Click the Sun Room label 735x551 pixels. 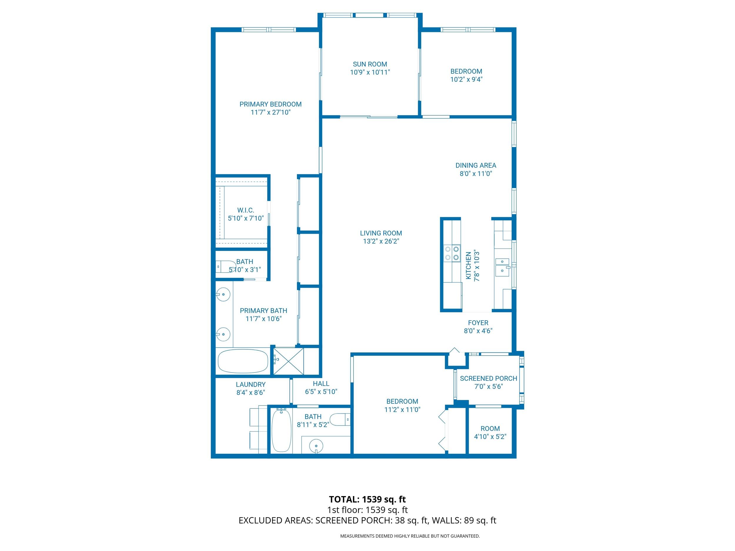pyautogui.click(x=370, y=64)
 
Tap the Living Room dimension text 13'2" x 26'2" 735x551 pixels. pyautogui.click(x=381, y=242)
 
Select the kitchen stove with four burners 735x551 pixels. pyautogui.click(x=452, y=253)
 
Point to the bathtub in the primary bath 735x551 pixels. pyautogui.click(x=243, y=361)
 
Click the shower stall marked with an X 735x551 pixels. pyautogui.click(x=288, y=361)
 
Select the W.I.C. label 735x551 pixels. pyautogui.click(x=245, y=210)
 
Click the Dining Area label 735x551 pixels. pyautogui.click(x=475, y=165)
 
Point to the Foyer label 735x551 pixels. pyautogui.click(x=478, y=323)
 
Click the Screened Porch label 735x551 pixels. pyautogui.click(x=488, y=379)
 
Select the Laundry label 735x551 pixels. pyautogui.click(x=250, y=385)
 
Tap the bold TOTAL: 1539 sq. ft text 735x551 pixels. pyautogui.click(x=367, y=499)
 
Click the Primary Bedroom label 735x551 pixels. pyautogui.click(x=270, y=104)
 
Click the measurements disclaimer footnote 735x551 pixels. pyautogui.click(x=410, y=536)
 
